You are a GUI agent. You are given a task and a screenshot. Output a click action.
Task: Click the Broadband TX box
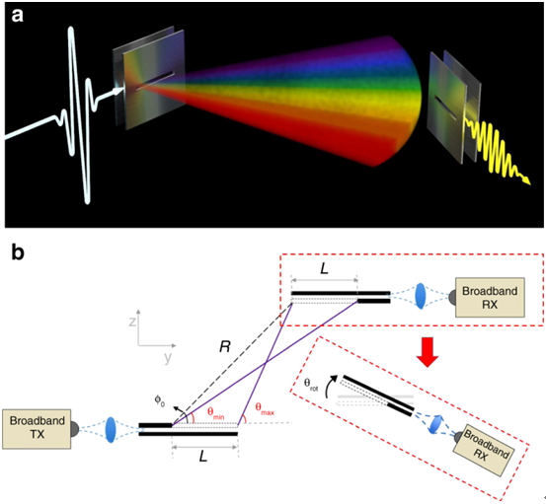pyautogui.click(x=37, y=429)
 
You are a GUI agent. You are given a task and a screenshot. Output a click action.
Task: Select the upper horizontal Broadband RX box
pyautogui.click(x=490, y=298)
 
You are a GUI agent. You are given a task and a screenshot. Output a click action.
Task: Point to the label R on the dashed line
pyautogui.click(x=225, y=346)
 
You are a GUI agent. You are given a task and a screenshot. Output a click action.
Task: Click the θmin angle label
pyautogui.click(x=216, y=413)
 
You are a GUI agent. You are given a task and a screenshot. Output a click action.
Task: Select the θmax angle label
pyautogui.click(x=265, y=408)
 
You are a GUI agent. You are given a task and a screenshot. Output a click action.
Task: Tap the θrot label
pyautogui.click(x=311, y=385)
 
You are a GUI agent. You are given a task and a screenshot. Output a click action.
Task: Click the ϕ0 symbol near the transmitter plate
pyautogui.click(x=160, y=401)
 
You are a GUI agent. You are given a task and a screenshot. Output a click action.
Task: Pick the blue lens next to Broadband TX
pyautogui.click(x=111, y=430)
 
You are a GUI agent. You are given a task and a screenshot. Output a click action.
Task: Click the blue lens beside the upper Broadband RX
pyautogui.click(x=421, y=296)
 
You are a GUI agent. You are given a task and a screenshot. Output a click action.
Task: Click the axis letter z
pyautogui.click(x=132, y=322)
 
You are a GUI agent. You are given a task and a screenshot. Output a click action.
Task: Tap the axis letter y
pyautogui.click(x=168, y=358)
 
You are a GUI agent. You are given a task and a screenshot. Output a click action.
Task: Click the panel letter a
pyautogui.click(x=17, y=16)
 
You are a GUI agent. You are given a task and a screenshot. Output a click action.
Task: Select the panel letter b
pyautogui.click(x=18, y=252)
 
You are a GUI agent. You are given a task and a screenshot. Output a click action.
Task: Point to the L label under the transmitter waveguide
pyautogui.click(x=203, y=456)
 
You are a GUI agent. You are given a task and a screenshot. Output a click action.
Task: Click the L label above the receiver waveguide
pyautogui.click(x=324, y=268)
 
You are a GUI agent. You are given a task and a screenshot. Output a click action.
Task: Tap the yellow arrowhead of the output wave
pyautogui.click(x=526, y=180)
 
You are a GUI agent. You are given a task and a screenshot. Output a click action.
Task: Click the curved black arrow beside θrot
pyautogui.click(x=329, y=386)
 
